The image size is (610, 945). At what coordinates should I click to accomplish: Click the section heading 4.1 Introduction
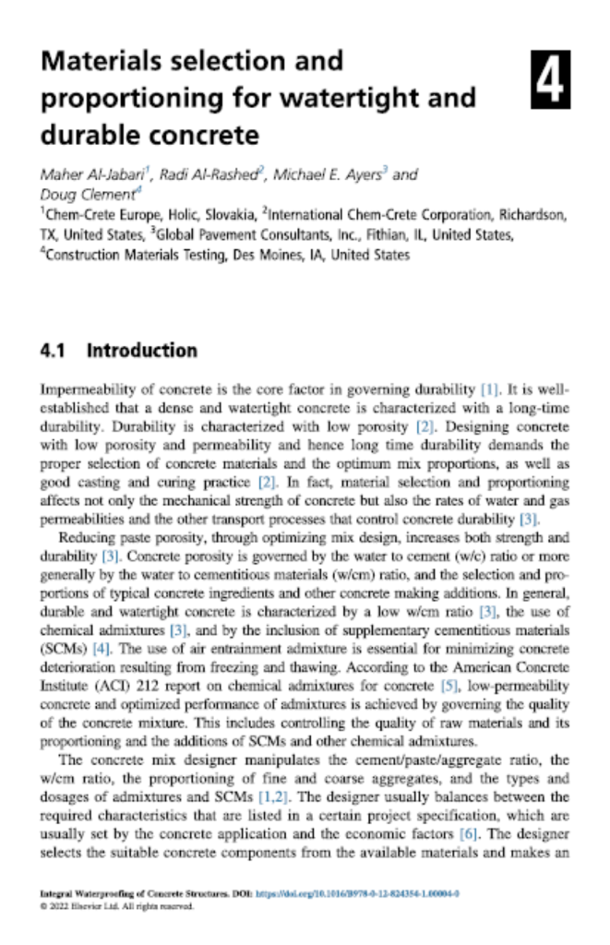click(118, 351)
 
